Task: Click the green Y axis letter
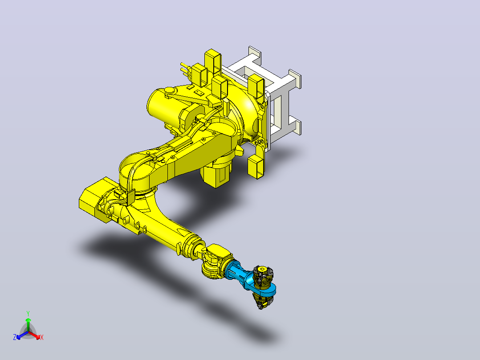[x=28, y=313]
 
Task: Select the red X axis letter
[x=42, y=337]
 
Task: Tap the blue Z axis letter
[x=15, y=337]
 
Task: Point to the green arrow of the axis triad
[x=28, y=324]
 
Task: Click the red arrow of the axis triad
[x=34, y=335]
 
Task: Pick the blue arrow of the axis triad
[x=22, y=335]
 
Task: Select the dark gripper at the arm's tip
[x=262, y=286]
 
